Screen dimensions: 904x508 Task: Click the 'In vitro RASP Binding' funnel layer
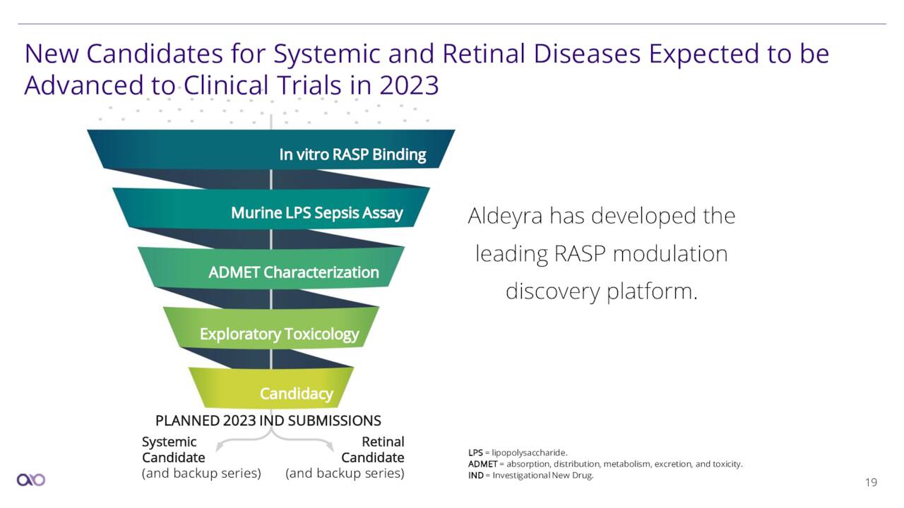click(271, 149)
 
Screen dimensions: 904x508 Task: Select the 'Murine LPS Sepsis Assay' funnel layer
click(271, 208)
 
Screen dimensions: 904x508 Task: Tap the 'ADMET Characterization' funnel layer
click(271, 268)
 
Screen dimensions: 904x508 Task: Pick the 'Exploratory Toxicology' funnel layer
click(271, 328)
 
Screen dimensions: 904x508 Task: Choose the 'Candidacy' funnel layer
click(271, 388)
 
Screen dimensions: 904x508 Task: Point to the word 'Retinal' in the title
click(484, 54)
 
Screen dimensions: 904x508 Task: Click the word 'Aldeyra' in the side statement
click(505, 217)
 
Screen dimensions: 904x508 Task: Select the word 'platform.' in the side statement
click(652, 291)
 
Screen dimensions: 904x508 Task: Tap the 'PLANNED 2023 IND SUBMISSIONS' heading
click(268, 421)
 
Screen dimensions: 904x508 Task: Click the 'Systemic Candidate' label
click(174, 449)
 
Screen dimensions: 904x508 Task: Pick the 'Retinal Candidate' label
click(372, 449)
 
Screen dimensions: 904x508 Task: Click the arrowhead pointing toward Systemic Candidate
click(219, 447)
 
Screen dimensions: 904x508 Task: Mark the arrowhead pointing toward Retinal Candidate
click(330, 447)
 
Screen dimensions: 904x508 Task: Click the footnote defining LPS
click(518, 453)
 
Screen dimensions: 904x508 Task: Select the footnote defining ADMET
click(605, 464)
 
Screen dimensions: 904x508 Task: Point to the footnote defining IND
click(530, 476)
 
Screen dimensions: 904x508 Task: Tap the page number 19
click(872, 482)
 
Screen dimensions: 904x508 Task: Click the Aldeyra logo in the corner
click(31, 480)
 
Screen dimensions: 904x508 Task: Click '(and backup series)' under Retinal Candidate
click(345, 473)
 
